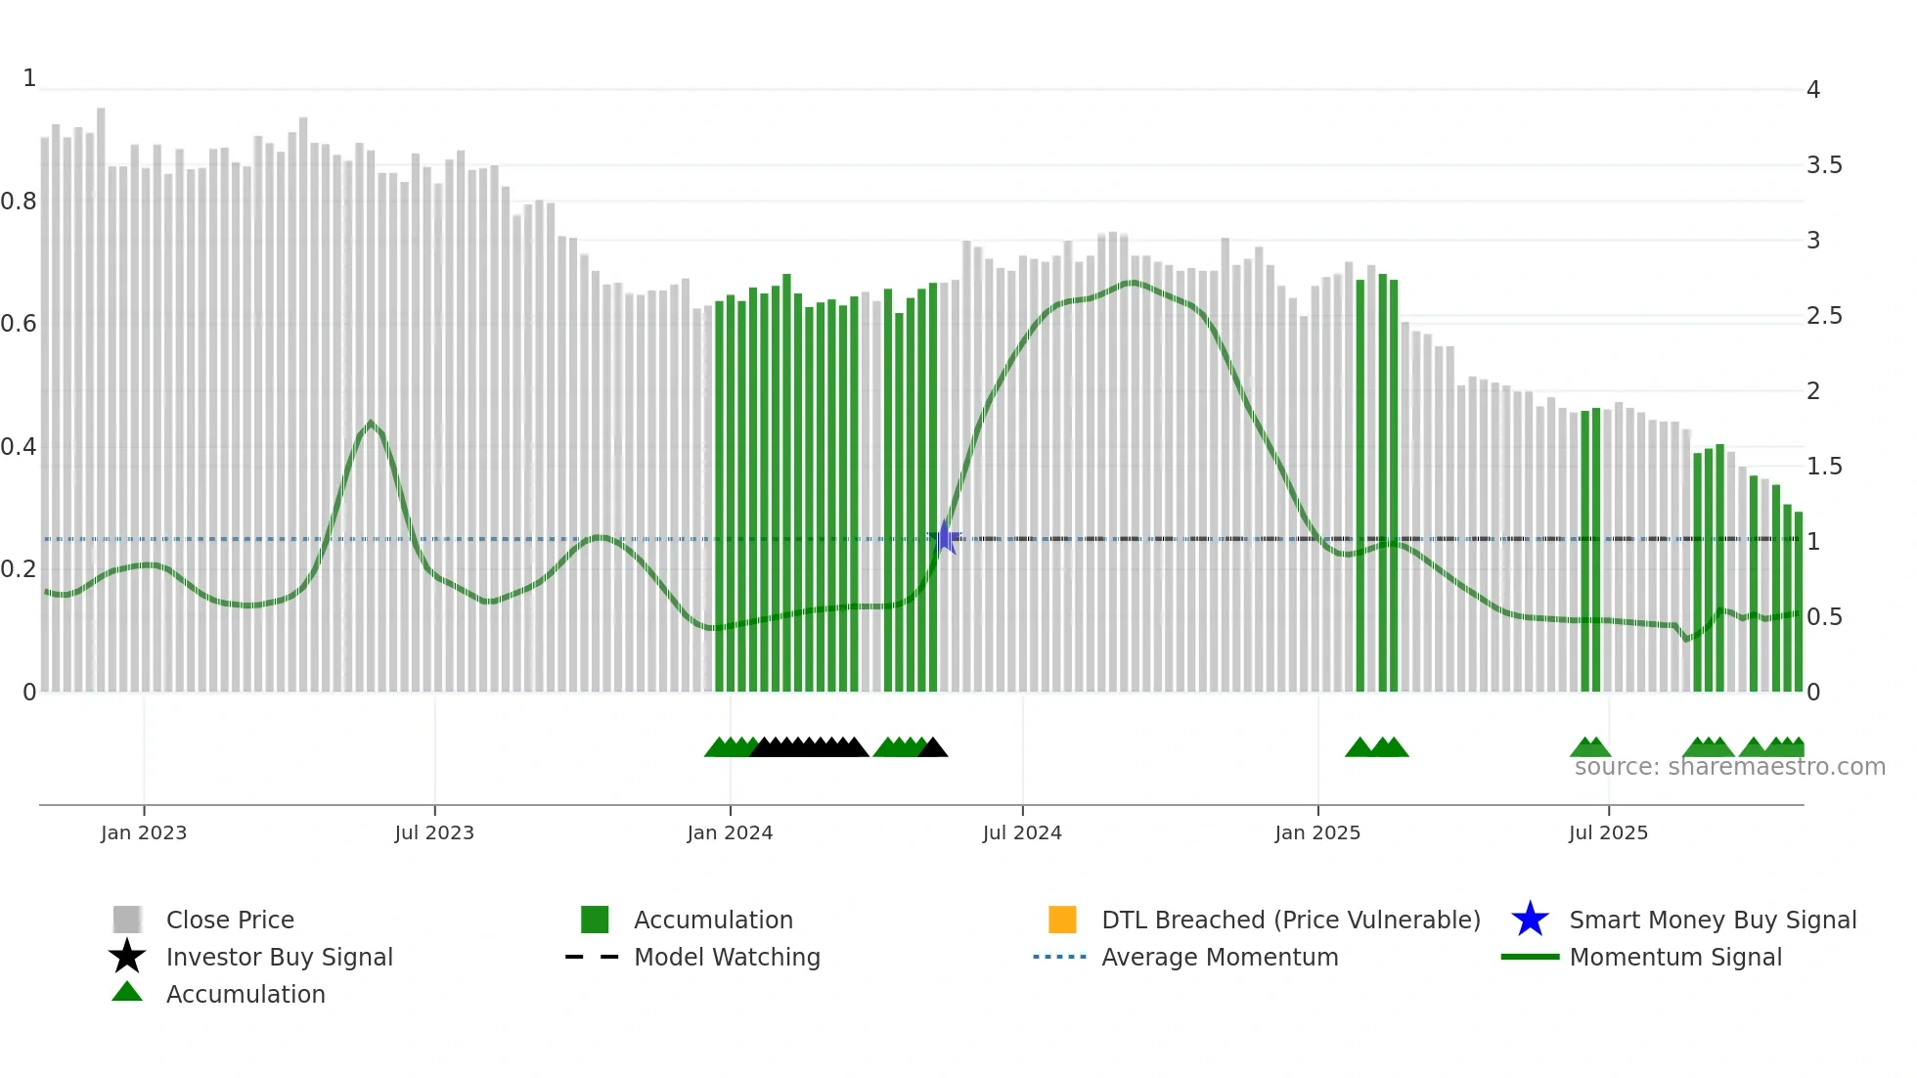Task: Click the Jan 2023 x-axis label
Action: click(143, 832)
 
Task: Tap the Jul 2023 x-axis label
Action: click(434, 832)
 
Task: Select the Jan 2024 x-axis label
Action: click(730, 832)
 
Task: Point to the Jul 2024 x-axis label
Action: click(1022, 832)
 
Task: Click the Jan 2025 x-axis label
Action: click(1317, 832)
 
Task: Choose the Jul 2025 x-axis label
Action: click(1608, 832)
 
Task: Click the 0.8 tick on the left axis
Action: click(19, 202)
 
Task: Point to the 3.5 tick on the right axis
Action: click(1824, 165)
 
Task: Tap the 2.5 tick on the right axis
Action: click(1824, 316)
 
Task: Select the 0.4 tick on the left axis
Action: click(19, 447)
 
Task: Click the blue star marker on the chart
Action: click(946, 537)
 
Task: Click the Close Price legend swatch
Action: click(127, 920)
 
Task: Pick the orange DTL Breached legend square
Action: click(1062, 920)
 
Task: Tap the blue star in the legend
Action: click(1530, 920)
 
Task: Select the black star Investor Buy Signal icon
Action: click(127, 957)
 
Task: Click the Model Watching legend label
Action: click(727, 957)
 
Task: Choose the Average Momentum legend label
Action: click(1220, 957)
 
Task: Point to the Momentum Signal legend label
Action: click(1675, 957)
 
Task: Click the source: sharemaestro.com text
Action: click(1729, 767)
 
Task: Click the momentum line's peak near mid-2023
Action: click(371, 423)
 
